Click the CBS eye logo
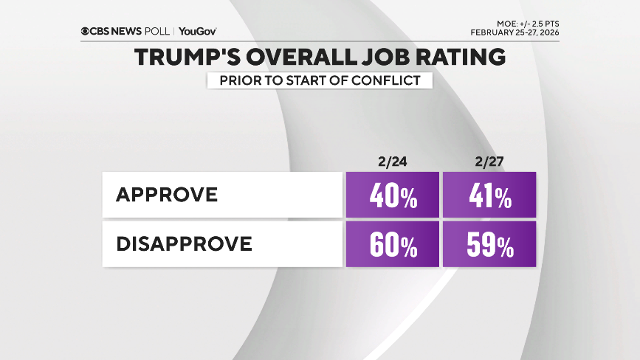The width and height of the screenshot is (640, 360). (86, 32)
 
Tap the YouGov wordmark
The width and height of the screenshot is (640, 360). (198, 32)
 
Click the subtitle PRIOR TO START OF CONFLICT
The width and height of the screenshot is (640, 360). (319, 80)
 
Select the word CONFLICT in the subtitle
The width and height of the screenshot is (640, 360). (392, 80)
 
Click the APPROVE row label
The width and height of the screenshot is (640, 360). (167, 195)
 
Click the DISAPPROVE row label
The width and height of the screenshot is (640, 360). (184, 243)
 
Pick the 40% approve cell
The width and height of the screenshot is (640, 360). (391, 196)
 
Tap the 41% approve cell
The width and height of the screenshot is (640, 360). (489, 196)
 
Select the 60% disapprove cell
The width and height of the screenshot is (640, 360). (391, 244)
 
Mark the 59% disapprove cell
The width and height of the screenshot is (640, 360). (489, 244)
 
